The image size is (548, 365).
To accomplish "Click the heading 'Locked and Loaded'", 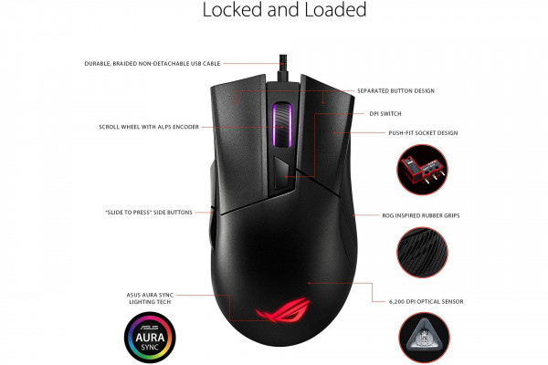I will point(284,12).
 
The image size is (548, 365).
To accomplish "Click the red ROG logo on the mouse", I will point(275,311).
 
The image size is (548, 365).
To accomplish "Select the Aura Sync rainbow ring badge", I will point(148,333).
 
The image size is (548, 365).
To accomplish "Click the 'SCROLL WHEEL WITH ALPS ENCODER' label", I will point(148,126).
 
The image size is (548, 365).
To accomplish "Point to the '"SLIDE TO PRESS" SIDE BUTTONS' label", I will point(149,213).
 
